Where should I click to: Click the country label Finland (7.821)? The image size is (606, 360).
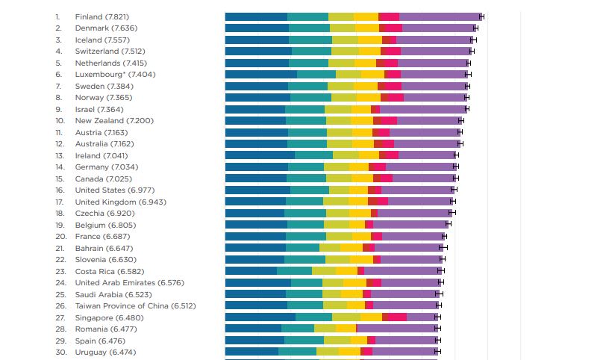102,16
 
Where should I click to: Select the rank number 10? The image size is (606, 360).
60,121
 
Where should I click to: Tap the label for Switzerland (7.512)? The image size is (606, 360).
110,51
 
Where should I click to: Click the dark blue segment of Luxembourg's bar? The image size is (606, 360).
261,74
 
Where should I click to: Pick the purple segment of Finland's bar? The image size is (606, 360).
440,16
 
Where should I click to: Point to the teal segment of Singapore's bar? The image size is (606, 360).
313,317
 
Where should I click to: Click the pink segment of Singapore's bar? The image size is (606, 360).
398,317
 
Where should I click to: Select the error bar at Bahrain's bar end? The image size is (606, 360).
443,247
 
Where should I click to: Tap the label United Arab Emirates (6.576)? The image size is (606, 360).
129,282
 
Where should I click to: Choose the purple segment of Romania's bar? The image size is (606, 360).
397,329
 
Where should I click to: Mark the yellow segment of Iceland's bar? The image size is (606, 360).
370,40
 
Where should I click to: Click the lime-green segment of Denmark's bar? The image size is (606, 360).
343,28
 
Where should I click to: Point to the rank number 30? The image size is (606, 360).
60,353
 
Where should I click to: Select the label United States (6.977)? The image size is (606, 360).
115,190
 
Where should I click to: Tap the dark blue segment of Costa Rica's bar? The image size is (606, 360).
252,270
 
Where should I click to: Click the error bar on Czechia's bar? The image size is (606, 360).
452,213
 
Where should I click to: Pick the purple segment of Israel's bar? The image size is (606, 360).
423,109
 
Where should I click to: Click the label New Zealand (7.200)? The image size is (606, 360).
114,121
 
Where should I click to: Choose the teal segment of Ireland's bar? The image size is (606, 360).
313,155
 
